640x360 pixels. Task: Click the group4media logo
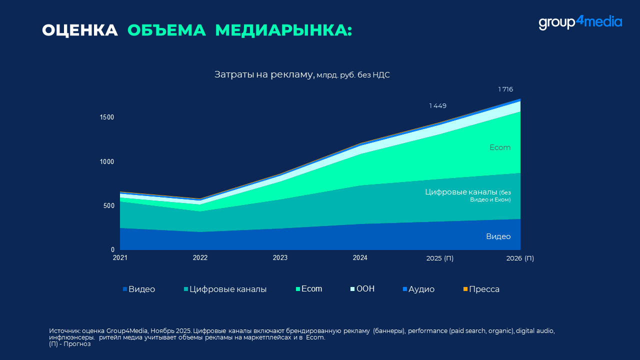pyautogui.click(x=580, y=22)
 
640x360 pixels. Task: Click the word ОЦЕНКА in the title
pyautogui.click(x=80, y=30)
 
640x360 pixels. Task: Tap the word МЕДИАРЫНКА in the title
pyautogui.click(x=283, y=30)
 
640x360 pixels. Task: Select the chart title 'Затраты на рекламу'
pyautogui.click(x=264, y=74)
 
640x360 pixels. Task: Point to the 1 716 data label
pyautogui.click(x=505, y=89)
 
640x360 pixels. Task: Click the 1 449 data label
pyautogui.click(x=437, y=106)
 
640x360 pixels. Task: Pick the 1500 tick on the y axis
pyautogui.click(x=106, y=117)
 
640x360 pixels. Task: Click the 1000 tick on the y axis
pyautogui.click(x=106, y=162)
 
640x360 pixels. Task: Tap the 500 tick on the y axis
pyautogui.click(x=108, y=206)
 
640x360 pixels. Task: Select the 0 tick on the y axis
pyautogui.click(x=112, y=250)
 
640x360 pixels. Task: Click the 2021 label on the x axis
pyautogui.click(x=120, y=258)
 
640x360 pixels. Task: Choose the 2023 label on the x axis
pyautogui.click(x=280, y=258)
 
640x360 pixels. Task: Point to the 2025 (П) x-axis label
pyautogui.click(x=439, y=258)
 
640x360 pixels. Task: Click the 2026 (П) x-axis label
pyautogui.click(x=520, y=258)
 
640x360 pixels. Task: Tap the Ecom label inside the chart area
pyautogui.click(x=500, y=148)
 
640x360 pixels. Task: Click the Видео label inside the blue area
pyautogui.click(x=498, y=236)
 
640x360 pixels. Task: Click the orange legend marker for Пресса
pyautogui.click(x=465, y=289)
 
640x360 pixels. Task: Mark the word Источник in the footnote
pyautogui.click(x=64, y=331)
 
